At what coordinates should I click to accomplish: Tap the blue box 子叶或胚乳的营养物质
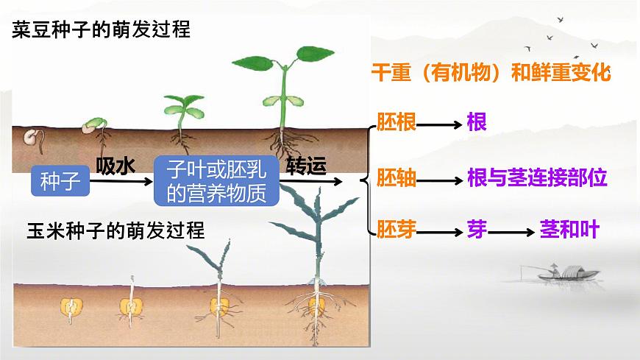pos(216,180)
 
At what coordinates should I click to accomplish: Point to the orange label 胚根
pos(397,122)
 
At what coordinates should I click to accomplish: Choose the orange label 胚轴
pos(397,178)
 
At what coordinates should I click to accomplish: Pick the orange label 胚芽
pos(397,230)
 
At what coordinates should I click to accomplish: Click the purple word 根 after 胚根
pos(477,122)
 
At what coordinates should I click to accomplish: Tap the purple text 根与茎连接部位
pos(537,178)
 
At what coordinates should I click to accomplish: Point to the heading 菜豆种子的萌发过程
pos(102,29)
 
